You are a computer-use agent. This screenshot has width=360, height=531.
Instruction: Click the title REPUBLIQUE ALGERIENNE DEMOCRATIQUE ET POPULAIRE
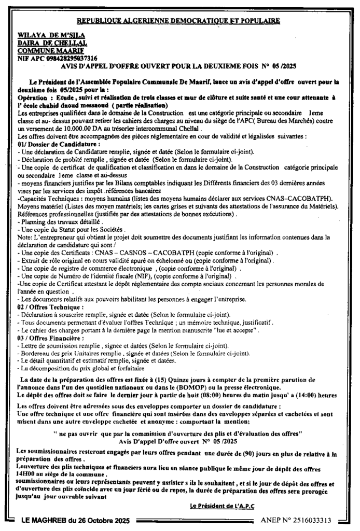coord(178,21)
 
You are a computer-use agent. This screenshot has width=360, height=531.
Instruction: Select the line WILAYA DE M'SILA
coord(46,36)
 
